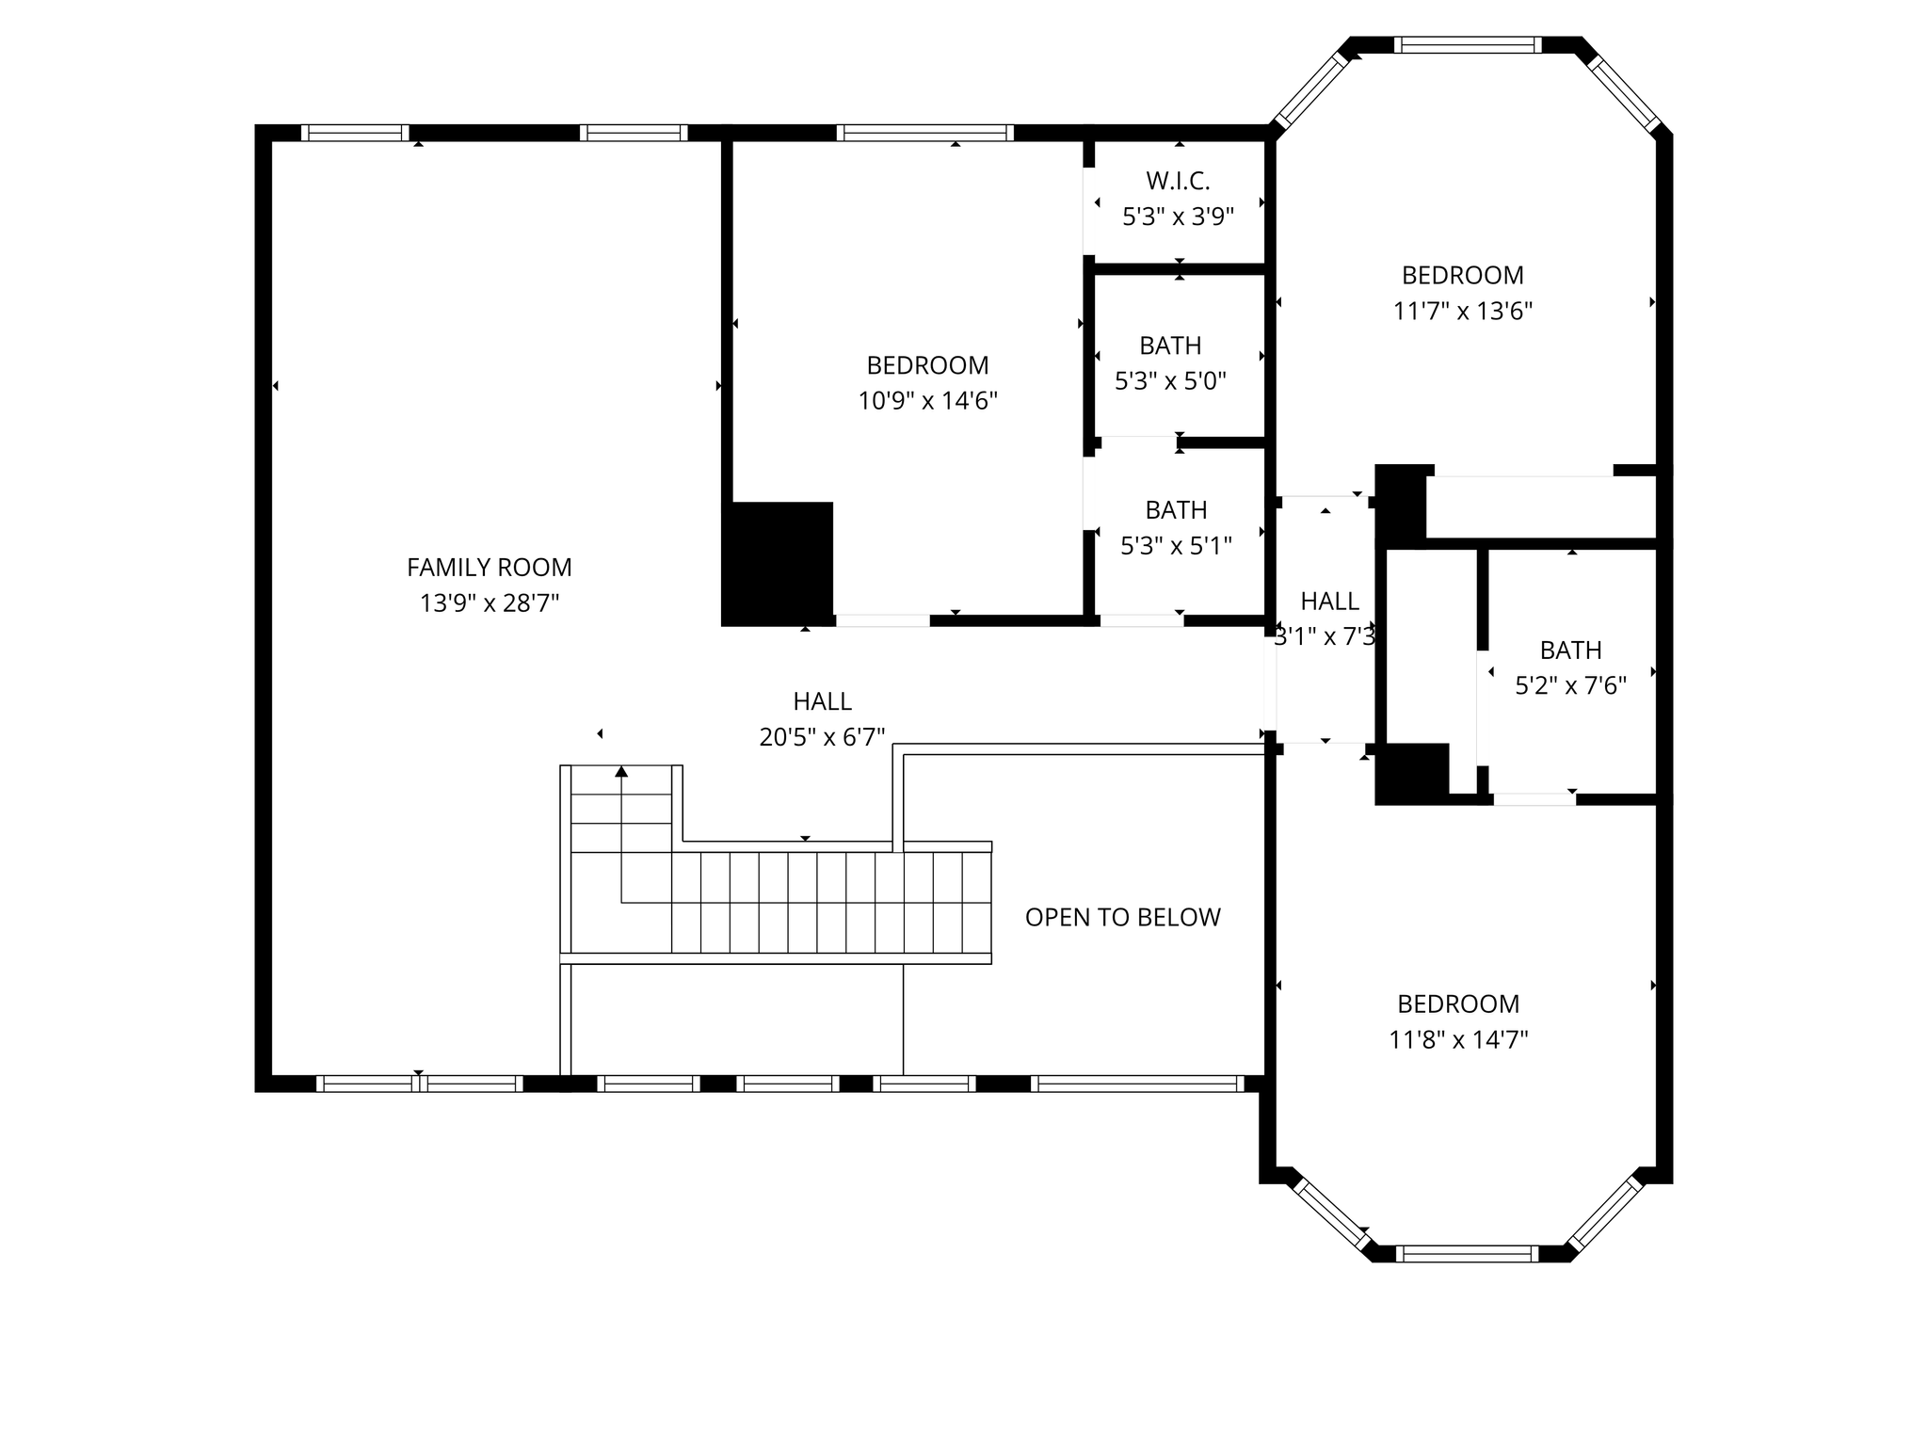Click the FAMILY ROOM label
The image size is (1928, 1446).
[490, 568]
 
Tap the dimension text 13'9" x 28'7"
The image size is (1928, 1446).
[490, 603]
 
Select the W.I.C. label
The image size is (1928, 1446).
[1178, 181]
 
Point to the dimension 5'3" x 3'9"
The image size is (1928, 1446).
[1178, 217]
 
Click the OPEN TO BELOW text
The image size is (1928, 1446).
[1123, 918]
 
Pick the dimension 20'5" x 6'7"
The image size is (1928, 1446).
[823, 737]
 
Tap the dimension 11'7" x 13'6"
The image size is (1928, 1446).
[1463, 312]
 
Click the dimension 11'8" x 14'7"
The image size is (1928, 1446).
[1458, 1040]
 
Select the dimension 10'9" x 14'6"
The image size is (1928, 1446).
[927, 402]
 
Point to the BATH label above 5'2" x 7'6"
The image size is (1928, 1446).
[1571, 651]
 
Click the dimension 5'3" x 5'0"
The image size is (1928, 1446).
[1171, 382]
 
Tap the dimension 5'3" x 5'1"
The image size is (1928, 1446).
[1177, 546]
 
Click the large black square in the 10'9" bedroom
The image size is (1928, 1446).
[778, 563]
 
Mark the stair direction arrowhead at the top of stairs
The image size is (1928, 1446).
[621, 772]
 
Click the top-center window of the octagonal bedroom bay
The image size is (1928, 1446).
[1468, 45]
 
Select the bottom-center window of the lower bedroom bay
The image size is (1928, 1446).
[1467, 1254]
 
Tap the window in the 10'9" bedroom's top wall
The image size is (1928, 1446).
[925, 133]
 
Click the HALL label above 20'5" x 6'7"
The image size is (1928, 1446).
[823, 701]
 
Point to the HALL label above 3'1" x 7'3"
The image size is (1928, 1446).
[1330, 602]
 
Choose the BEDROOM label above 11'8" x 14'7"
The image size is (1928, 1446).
[1458, 1004]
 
